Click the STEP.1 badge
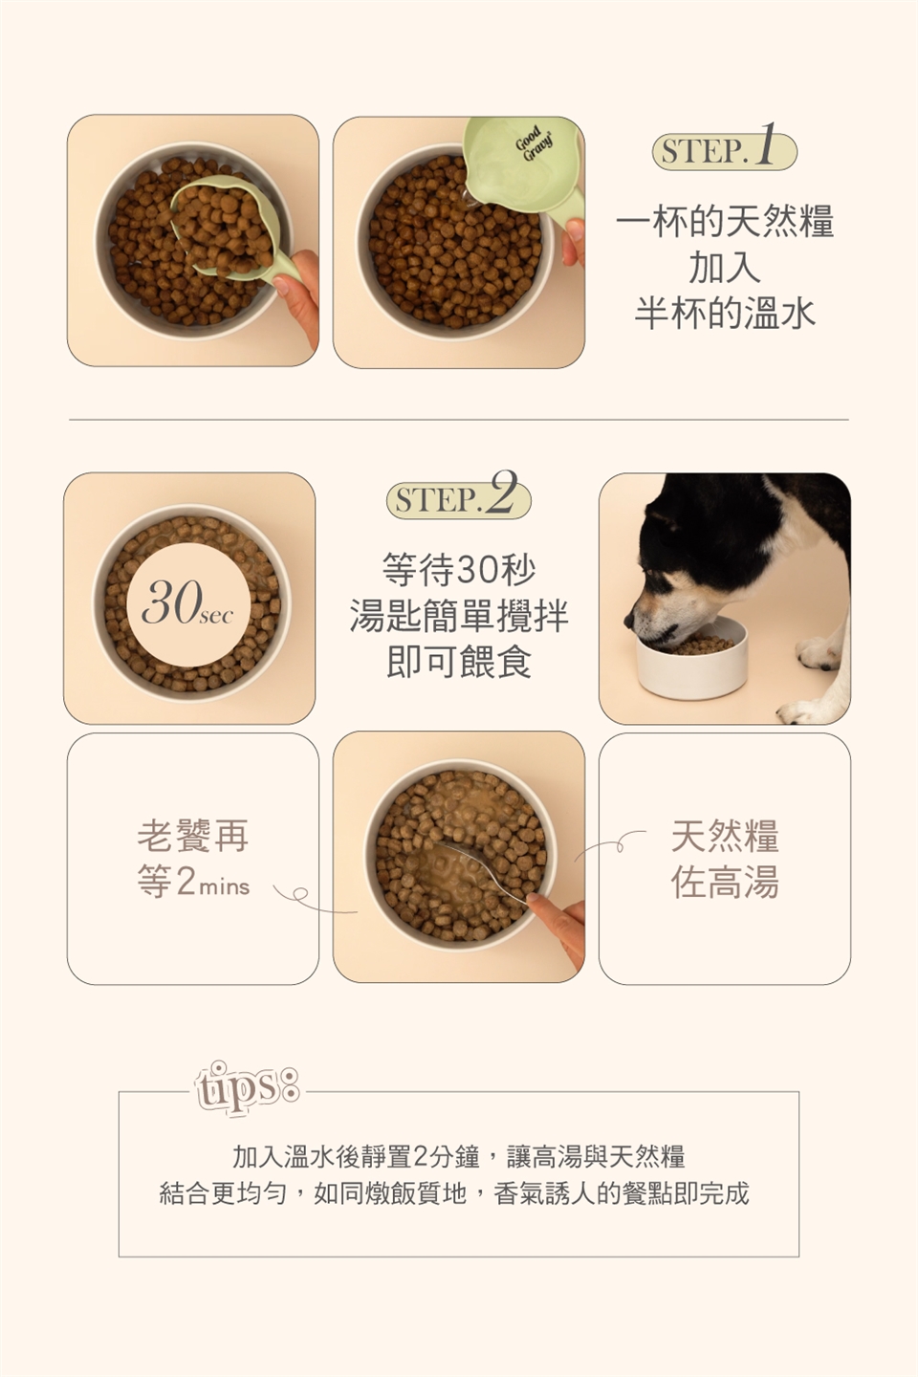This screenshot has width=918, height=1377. [x=724, y=150]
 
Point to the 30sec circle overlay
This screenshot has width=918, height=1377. [x=188, y=604]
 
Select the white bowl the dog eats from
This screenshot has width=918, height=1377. [x=691, y=658]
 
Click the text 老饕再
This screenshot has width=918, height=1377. [x=193, y=836]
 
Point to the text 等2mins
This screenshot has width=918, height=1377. [x=193, y=882]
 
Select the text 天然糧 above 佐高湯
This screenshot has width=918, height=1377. [x=725, y=836]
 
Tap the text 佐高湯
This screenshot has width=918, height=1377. [x=725, y=882]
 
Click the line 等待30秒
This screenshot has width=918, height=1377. [x=459, y=569]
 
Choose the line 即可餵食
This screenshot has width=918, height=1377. [x=459, y=660]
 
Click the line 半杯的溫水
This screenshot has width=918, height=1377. [x=725, y=313]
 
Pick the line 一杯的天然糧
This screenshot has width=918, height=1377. [x=725, y=221]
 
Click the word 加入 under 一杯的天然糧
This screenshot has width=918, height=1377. [x=725, y=267]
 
